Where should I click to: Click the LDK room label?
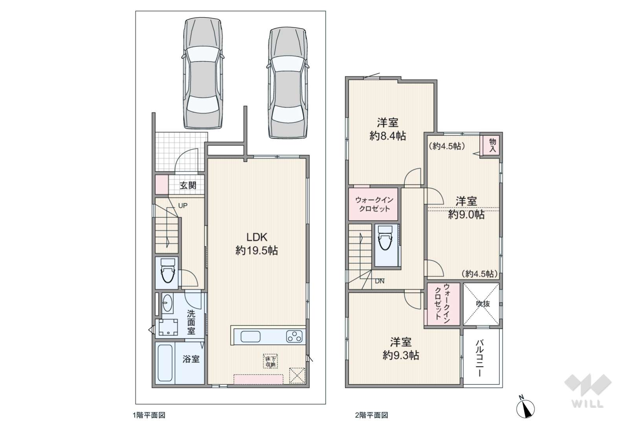(x=257, y=237)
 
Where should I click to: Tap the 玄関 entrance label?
(x=188, y=186)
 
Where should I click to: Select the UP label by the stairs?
(x=183, y=206)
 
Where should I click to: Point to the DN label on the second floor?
(x=380, y=281)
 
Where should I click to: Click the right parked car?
(x=288, y=83)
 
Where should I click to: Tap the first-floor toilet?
(x=168, y=270)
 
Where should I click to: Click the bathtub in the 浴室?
(x=165, y=363)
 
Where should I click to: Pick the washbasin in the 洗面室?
(x=167, y=303)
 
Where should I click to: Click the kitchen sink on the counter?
(x=250, y=336)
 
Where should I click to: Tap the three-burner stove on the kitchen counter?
(x=294, y=336)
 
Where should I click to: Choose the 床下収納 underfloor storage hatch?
(x=270, y=361)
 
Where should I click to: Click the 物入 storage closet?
(x=492, y=145)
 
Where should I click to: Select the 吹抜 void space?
(x=482, y=304)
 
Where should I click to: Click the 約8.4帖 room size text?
(x=387, y=136)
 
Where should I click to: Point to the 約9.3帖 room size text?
(x=400, y=356)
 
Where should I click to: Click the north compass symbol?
(x=525, y=408)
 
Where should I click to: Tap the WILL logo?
(x=588, y=391)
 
